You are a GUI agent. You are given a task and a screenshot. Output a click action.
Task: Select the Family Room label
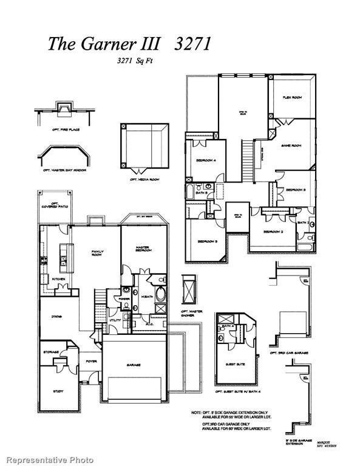[x=98, y=253]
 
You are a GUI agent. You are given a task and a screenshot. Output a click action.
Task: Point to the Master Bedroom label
[x=143, y=249]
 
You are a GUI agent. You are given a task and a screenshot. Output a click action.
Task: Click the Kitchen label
[x=58, y=279]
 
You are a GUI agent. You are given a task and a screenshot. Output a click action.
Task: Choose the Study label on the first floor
[x=58, y=391]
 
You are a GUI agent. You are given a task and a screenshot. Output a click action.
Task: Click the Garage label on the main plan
[x=134, y=365]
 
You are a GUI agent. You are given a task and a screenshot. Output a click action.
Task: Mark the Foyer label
[x=91, y=361]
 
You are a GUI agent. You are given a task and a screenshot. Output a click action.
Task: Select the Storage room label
[x=51, y=352]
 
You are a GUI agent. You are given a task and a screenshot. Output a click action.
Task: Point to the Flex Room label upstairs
[x=293, y=98]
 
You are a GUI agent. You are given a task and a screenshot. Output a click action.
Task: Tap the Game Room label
[x=291, y=146]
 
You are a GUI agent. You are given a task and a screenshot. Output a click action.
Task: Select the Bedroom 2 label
[x=273, y=232]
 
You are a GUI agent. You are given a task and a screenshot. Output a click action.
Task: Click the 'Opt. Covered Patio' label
[x=55, y=205]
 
